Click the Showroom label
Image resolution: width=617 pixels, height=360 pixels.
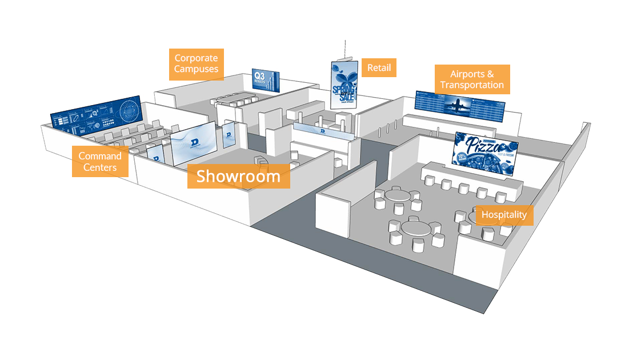coord(238,176)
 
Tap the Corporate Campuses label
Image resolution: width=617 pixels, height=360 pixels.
coord(197,63)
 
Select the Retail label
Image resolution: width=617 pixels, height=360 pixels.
coord(379,68)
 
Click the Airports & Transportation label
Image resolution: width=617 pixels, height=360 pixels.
coord(472,79)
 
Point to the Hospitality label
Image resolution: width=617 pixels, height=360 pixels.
coord(504,215)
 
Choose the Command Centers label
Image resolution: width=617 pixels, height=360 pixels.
coord(100,162)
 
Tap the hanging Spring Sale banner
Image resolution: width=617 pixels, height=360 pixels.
coord(344,84)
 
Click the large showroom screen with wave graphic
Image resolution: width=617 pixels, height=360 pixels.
coord(193,143)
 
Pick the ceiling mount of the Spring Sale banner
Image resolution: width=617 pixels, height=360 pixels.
coord(344,57)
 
